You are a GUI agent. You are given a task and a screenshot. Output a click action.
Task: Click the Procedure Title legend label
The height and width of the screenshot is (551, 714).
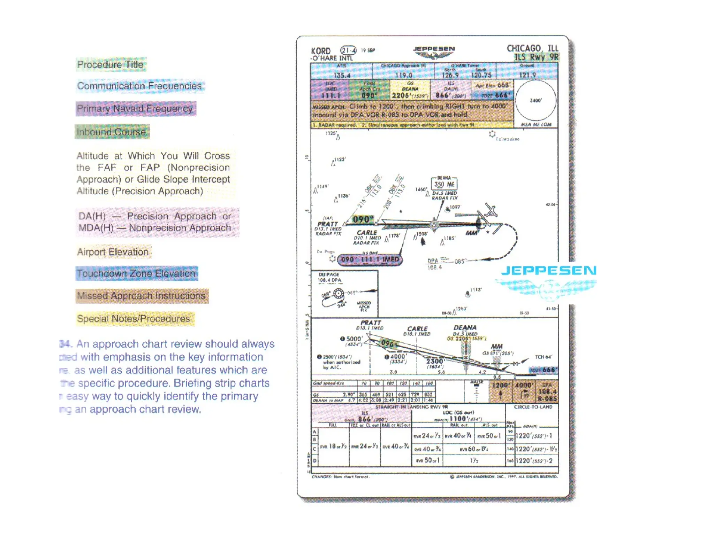pos(111,65)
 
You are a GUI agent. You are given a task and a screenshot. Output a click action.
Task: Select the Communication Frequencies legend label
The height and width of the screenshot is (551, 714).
pos(139,86)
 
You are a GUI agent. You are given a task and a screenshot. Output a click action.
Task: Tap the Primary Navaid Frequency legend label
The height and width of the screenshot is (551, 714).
pos(135,109)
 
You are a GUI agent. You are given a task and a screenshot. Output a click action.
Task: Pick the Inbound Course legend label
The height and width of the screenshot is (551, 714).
pos(112,132)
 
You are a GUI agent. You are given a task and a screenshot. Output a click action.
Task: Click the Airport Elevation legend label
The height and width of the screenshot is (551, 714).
pos(113,252)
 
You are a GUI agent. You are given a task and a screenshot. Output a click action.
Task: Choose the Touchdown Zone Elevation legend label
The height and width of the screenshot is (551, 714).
pos(136,273)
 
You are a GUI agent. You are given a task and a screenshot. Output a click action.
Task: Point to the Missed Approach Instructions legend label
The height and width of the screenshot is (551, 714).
pos(142,296)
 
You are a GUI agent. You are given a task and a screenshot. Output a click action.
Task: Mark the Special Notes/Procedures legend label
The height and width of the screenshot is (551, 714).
pos(134,319)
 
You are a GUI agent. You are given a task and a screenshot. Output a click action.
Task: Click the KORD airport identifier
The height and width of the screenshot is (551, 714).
pos(320,51)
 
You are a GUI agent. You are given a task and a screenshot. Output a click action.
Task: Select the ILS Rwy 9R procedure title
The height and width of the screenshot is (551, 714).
pos(536,57)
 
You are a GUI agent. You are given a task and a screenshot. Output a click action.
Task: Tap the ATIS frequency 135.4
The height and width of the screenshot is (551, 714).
pos(342,75)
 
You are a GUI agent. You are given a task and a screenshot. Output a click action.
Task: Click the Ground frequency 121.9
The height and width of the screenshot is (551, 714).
pos(527,75)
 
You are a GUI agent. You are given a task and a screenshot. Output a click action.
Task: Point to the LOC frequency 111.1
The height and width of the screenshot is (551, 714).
pos(331,95)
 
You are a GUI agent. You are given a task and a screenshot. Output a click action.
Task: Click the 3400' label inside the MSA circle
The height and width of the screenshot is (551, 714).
pos(535,101)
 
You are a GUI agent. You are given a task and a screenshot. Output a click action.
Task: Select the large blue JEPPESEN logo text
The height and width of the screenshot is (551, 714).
pos(548,271)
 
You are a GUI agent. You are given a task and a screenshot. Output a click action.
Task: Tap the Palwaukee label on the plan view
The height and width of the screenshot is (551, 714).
pos(508,139)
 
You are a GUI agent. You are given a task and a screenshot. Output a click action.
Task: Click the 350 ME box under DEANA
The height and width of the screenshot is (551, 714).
pos(444,185)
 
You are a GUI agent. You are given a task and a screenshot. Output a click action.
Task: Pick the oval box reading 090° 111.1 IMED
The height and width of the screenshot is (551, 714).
pos(370,259)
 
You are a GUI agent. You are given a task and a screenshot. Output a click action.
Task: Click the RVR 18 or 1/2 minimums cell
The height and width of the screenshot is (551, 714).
pos(333,447)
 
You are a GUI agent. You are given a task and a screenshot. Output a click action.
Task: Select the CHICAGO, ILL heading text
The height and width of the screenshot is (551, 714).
pos(532,48)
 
